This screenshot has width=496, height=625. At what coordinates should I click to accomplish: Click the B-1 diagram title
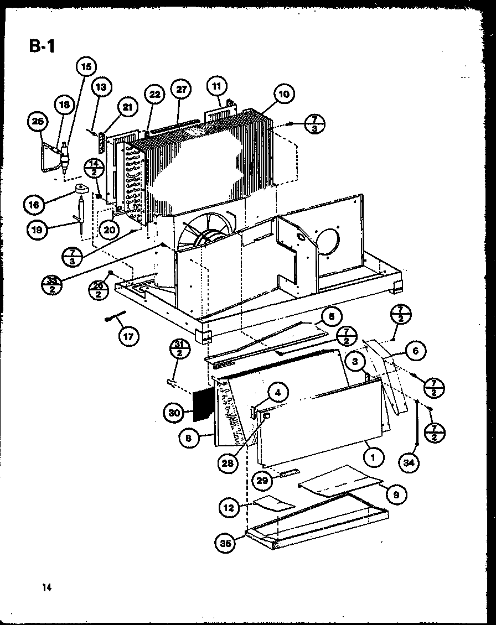(x=42, y=46)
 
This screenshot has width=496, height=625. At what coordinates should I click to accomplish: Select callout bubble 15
(x=85, y=67)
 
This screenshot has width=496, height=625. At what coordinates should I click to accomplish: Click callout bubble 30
(x=174, y=413)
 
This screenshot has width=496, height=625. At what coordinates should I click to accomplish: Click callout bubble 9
(x=395, y=495)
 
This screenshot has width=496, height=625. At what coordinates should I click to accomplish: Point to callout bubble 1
(x=374, y=457)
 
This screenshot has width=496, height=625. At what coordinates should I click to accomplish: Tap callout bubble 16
(x=34, y=205)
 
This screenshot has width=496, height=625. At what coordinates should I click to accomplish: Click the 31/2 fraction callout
(x=180, y=352)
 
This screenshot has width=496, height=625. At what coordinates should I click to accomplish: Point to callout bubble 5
(x=331, y=317)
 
